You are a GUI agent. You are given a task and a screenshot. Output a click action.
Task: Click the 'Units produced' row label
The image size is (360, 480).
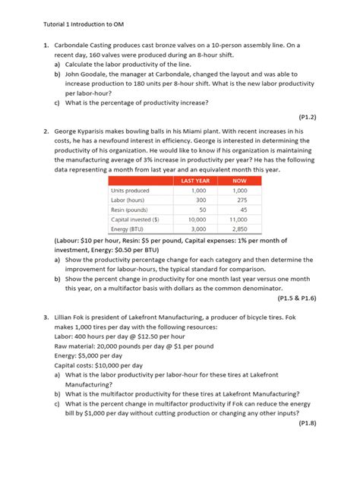coord(131,190)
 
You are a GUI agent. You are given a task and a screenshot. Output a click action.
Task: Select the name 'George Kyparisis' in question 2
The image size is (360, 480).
coord(84,131)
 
